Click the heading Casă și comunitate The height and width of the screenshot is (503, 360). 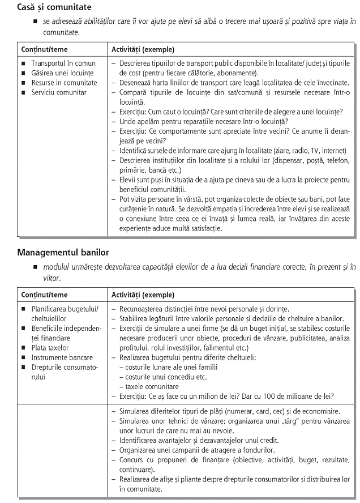coord(54,8)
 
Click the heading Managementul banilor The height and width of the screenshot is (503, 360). coord(63,252)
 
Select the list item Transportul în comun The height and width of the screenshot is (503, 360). coord(63,63)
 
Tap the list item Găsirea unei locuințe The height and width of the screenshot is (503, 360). coord(62,73)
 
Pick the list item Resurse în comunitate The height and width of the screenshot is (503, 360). coord(64,83)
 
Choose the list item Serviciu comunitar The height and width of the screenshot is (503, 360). coord(59,92)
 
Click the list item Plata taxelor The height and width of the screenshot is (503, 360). coord(50,348)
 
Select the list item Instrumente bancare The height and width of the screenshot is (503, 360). coord(62,357)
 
